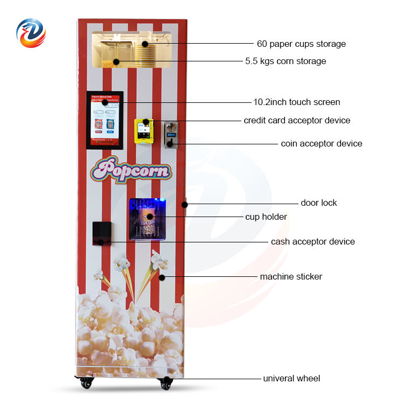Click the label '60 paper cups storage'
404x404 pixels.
[301, 44]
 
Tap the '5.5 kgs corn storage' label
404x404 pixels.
[285, 61]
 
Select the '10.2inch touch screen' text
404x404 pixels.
[296, 102]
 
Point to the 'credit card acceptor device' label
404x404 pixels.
[297, 120]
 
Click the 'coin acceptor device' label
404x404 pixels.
[321, 144]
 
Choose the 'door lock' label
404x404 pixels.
[318, 203]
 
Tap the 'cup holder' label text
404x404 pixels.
[266, 217]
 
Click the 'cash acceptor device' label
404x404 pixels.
[312, 242]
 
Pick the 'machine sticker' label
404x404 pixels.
[291, 277]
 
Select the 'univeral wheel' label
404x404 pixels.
[291, 379]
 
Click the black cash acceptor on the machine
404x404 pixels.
[101, 233]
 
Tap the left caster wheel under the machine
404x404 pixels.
[86, 382]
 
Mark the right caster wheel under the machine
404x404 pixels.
[166, 382]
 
